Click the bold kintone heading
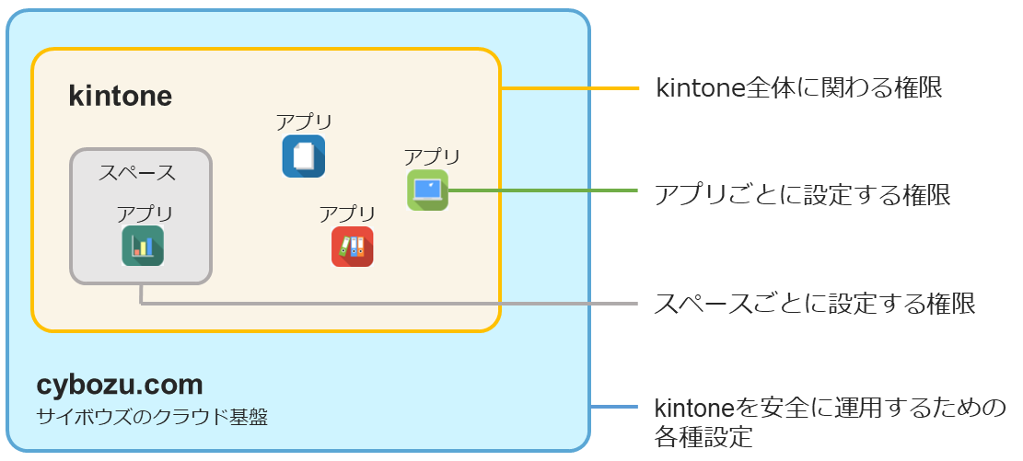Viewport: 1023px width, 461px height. tap(121, 97)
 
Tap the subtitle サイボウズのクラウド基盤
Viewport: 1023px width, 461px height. tap(152, 417)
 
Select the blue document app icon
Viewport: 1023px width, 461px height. tap(303, 156)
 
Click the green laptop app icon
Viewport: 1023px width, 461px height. tap(427, 190)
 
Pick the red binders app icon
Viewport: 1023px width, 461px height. tap(352, 247)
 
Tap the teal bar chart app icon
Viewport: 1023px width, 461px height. tap(143, 246)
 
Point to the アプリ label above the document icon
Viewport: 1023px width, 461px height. tap(304, 122)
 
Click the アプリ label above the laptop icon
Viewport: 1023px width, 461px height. tap(432, 157)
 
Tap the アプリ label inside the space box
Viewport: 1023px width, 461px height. tap(145, 213)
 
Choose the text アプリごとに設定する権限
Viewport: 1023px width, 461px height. tap(802, 195)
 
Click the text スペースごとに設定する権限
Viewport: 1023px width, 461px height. tap(815, 304)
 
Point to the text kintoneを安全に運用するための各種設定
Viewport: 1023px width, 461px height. tap(829, 421)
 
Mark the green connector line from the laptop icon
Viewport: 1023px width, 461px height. tap(543, 190)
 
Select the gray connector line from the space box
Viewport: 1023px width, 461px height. tap(387, 303)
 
